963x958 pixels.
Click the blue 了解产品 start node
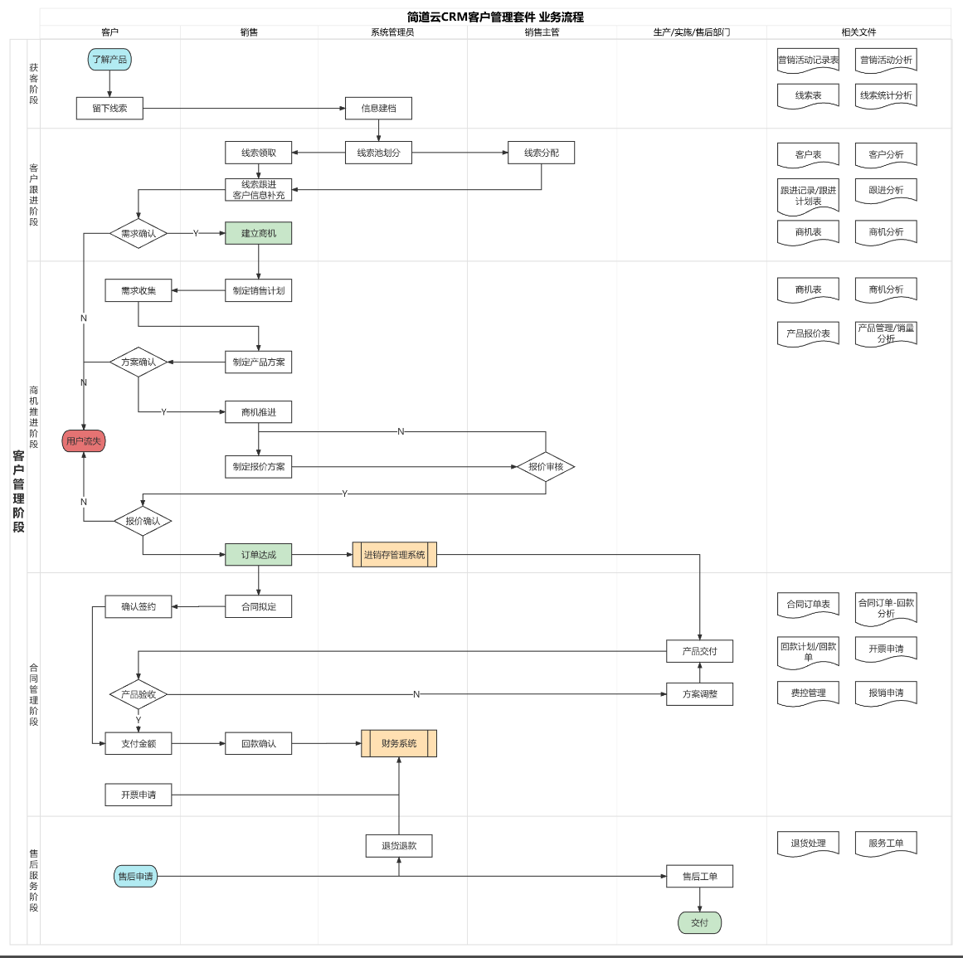click(109, 60)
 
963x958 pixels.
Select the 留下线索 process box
click(109, 109)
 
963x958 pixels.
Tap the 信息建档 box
click(378, 109)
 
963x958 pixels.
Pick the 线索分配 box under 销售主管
click(541, 153)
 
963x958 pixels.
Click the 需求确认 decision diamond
click(139, 234)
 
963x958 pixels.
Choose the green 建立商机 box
click(258, 234)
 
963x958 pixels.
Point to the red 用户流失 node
click(84, 441)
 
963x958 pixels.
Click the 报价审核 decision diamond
click(546, 467)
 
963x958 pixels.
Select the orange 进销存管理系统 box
click(395, 555)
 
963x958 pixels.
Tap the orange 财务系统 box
click(399, 743)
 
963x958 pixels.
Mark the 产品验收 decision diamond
click(139, 694)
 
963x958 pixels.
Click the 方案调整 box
click(699, 694)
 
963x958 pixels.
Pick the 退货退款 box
click(399, 846)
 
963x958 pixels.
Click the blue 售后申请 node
click(135, 877)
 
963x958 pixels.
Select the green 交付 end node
click(699, 922)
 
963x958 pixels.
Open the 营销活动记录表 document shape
click(808, 61)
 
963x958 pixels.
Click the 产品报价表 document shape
click(808, 333)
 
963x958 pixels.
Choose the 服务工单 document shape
click(886, 844)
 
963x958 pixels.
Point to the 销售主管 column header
click(542, 32)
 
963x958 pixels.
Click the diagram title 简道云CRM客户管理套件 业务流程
click(495, 17)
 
